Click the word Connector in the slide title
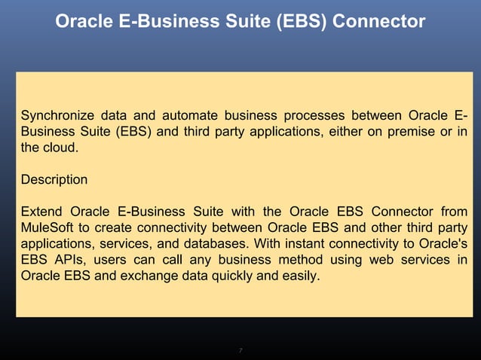(381, 23)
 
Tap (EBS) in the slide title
(302, 23)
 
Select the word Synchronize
(57, 116)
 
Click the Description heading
(54, 181)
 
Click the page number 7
(240, 350)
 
